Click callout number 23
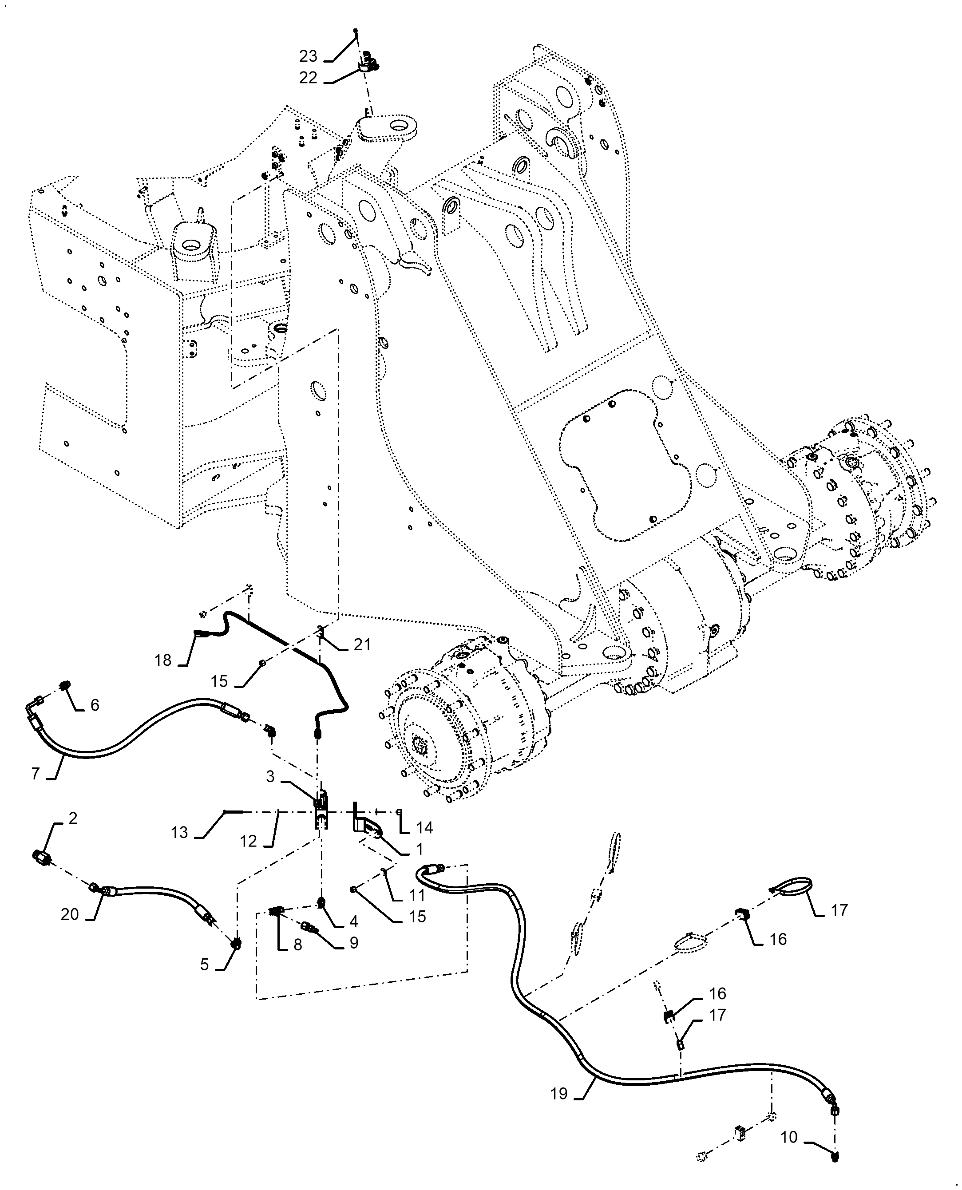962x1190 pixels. point(308,56)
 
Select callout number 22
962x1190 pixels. point(308,78)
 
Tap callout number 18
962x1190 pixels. point(163,660)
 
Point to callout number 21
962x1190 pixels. point(362,644)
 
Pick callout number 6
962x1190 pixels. point(95,705)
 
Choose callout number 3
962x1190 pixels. point(270,777)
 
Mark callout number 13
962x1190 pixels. point(179,832)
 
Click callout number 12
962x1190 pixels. point(248,841)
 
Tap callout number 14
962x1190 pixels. point(424,828)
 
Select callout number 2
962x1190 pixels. point(73,818)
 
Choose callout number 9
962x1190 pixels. point(354,942)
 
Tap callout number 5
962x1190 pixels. point(205,965)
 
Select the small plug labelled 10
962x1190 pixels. point(835,1156)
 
